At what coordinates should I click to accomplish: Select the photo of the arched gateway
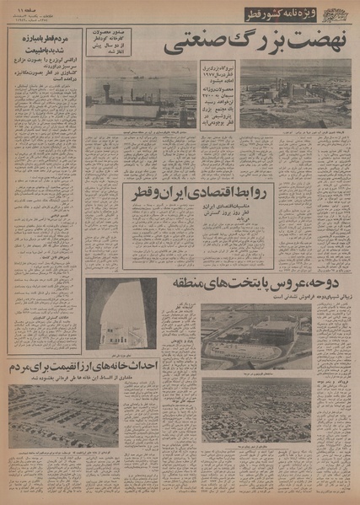coord(121,314)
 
